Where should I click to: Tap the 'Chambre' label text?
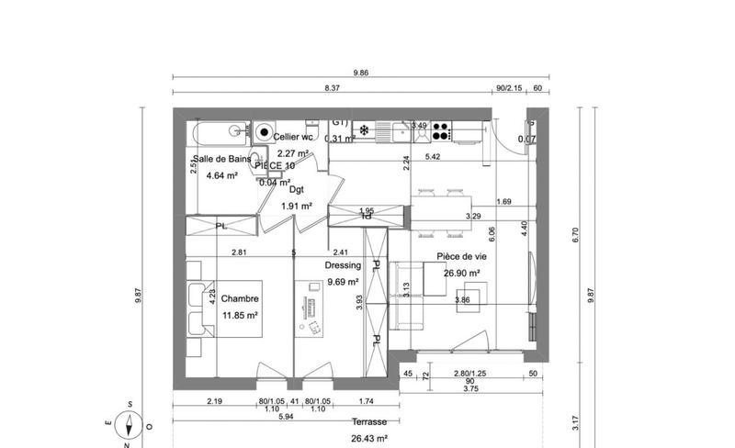(240, 299)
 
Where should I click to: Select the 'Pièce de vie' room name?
(461, 257)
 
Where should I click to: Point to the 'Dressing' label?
(343, 265)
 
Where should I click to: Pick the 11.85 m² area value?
(240, 315)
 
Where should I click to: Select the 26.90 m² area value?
(461, 273)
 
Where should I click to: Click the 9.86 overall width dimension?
(360, 73)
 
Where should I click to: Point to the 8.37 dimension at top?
(333, 89)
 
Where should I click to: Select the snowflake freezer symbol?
(364, 130)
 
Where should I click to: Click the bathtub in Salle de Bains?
(219, 131)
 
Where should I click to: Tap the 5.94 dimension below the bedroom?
(286, 416)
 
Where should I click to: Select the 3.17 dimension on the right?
(576, 424)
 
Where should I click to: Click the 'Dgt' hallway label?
(296, 190)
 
